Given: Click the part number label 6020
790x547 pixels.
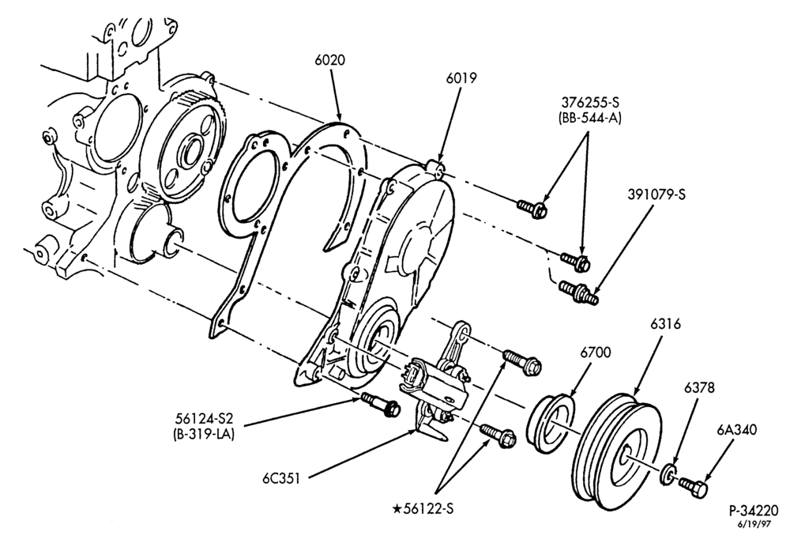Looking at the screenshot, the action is (330, 60).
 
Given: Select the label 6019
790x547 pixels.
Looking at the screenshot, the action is (461, 78).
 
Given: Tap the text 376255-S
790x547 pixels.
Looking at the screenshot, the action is (590, 102).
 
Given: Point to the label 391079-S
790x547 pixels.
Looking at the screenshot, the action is (657, 194).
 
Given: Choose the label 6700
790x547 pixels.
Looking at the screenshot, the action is (595, 353).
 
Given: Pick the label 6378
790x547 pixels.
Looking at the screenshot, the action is (699, 387).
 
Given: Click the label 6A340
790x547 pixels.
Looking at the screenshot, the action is (736, 430).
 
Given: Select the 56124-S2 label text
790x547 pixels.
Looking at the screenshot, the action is (205, 418).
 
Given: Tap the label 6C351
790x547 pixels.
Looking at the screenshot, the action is (280, 478).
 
